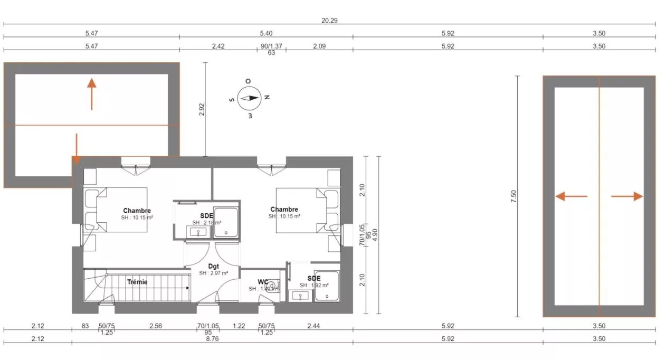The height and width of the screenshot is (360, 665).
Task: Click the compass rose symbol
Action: [249, 98]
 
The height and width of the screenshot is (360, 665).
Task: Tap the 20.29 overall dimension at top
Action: [329, 21]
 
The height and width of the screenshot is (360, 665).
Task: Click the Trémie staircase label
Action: [137, 282]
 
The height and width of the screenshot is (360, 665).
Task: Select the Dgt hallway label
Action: [213, 266]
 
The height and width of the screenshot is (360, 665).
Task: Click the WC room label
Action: [263, 281]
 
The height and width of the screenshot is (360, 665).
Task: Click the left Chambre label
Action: [137, 211]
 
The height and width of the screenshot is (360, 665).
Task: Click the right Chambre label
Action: [284, 210]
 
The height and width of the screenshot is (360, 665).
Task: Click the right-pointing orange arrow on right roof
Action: [628, 196]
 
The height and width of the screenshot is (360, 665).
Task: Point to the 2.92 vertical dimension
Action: [201, 109]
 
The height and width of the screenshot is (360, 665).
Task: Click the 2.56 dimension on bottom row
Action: [155, 326]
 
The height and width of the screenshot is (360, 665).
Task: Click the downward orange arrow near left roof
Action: [77, 148]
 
